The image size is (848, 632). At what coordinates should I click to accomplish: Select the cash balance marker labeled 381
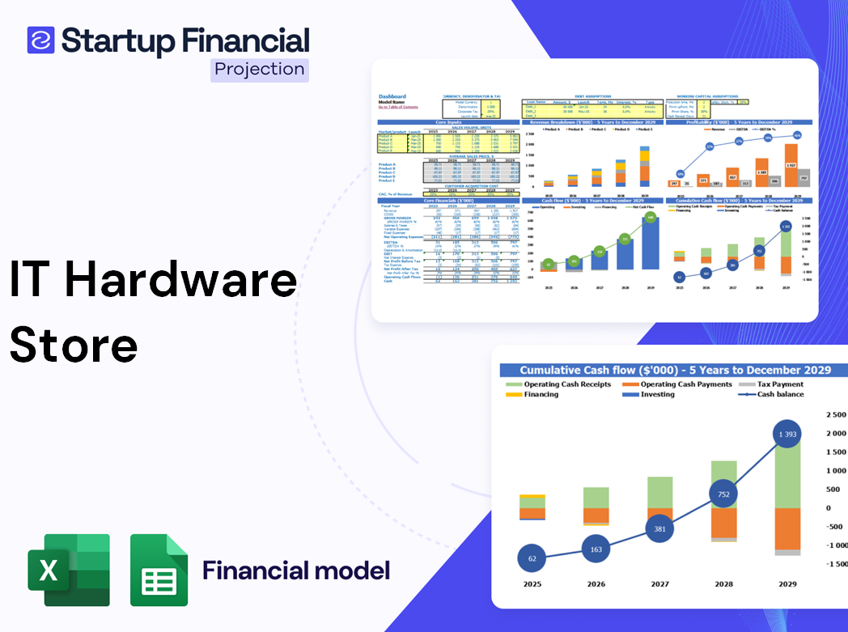[x=659, y=529]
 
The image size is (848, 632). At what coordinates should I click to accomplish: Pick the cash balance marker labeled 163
[x=596, y=549]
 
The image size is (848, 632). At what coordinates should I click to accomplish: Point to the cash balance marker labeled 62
[x=532, y=558]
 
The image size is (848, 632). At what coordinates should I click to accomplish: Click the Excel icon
[x=69, y=570]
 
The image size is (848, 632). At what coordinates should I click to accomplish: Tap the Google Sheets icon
[x=159, y=570]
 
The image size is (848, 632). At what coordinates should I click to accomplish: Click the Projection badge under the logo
[x=260, y=69]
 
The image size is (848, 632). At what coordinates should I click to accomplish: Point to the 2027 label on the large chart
[x=659, y=583]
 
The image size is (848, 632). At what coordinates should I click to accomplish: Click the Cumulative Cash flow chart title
[x=675, y=370]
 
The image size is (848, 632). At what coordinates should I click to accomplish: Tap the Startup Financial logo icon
[x=40, y=40]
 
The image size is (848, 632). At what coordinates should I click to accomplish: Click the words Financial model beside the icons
[x=295, y=570]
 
